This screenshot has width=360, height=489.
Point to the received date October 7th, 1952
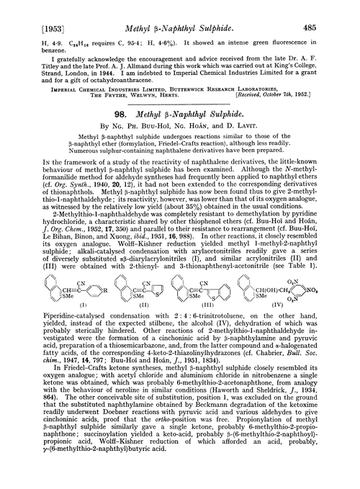coord(309,101)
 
